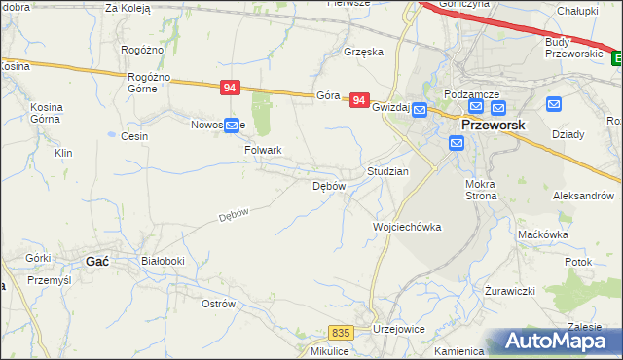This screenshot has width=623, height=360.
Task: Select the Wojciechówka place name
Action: coord(407,227)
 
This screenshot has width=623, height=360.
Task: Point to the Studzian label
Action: coord(387,170)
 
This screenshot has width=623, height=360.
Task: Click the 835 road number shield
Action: coord(339,333)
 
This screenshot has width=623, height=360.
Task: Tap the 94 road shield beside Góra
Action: coord(359,99)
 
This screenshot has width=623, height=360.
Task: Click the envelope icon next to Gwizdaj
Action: coord(420,110)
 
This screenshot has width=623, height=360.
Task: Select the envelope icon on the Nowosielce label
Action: coord(232,125)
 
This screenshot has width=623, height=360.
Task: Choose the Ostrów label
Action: coord(218,304)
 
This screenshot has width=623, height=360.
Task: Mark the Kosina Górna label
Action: coord(46,113)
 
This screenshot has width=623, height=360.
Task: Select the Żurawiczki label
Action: coord(510,291)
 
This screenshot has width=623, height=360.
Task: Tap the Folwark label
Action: coord(263,151)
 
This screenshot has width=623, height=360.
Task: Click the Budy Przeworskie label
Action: coord(571,46)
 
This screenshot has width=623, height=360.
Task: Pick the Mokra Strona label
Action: coord(481,190)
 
